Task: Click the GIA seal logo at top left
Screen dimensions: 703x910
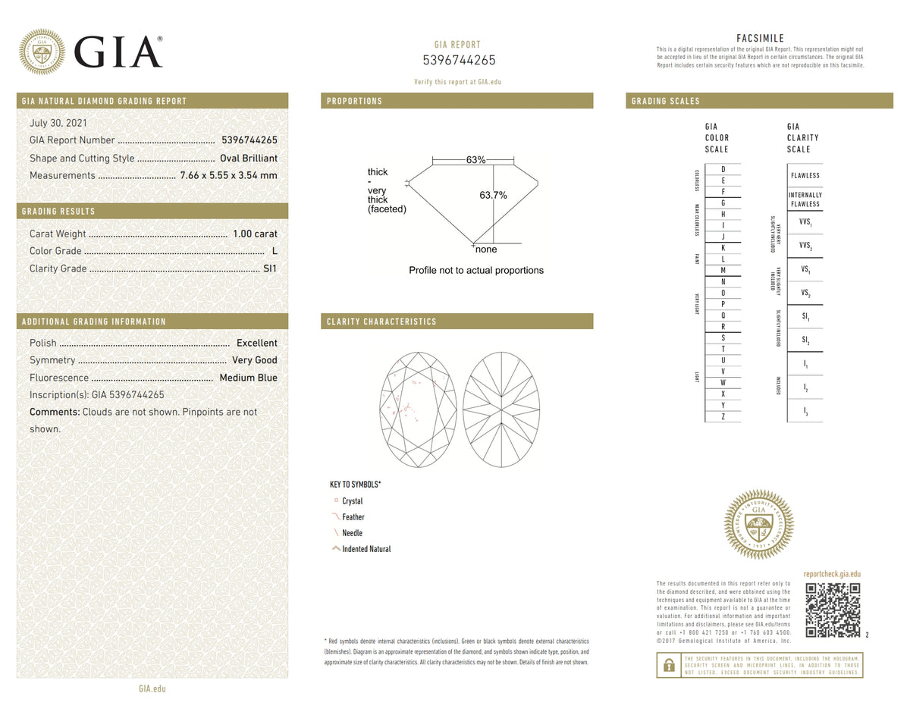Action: click(x=42, y=52)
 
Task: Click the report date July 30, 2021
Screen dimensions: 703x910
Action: click(x=58, y=122)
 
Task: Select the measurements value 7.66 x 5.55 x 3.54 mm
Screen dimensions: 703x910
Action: click(x=228, y=176)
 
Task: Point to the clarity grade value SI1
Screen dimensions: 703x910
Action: click(x=270, y=269)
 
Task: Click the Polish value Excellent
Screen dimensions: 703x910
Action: click(x=257, y=344)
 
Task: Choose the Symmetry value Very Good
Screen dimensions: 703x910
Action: click(x=255, y=361)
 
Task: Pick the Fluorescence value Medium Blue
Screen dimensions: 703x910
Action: click(x=248, y=378)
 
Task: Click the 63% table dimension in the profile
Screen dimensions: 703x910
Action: click(x=475, y=160)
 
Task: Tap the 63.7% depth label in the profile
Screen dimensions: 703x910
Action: click(x=493, y=196)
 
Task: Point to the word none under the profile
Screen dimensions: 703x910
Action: click(x=486, y=250)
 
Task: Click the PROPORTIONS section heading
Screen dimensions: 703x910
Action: click(x=354, y=101)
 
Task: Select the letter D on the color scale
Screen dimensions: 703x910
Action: click(x=723, y=169)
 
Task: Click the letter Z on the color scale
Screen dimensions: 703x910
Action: click(x=723, y=416)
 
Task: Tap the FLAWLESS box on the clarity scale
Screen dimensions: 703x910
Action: click(x=805, y=176)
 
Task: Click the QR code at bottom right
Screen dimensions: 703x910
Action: click(x=832, y=610)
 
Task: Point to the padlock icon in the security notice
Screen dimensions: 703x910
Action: click(x=668, y=665)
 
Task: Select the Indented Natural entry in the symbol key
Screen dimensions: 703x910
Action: click(x=366, y=549)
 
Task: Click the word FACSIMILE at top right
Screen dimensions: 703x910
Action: click(x=760, y=39)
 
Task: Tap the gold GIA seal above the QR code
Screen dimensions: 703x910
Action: click(x=758, y=525)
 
